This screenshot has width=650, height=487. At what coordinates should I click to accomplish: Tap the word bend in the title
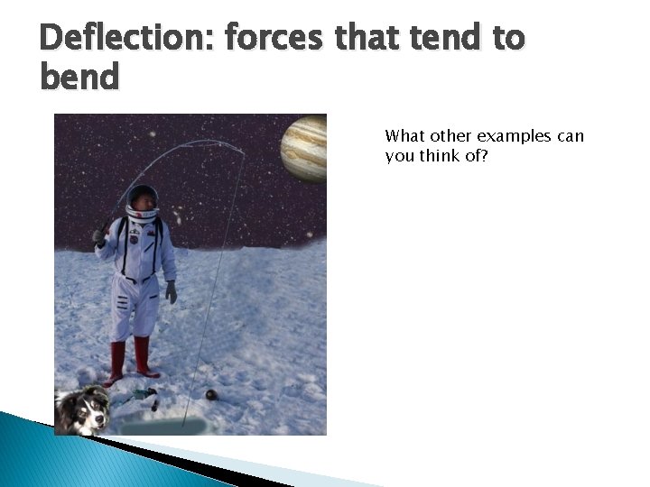79,77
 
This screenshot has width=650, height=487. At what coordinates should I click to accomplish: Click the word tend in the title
442,38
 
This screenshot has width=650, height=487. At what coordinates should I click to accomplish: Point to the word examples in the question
514,136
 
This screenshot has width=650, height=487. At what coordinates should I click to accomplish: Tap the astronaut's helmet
142,201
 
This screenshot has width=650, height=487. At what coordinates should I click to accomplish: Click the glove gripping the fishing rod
99,237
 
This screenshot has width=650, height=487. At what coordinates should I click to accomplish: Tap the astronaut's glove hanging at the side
171,291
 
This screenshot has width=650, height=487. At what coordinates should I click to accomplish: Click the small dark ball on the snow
211,395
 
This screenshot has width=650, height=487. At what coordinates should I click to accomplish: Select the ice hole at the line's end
162,425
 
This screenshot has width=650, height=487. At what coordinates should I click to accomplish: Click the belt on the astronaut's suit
135,278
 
